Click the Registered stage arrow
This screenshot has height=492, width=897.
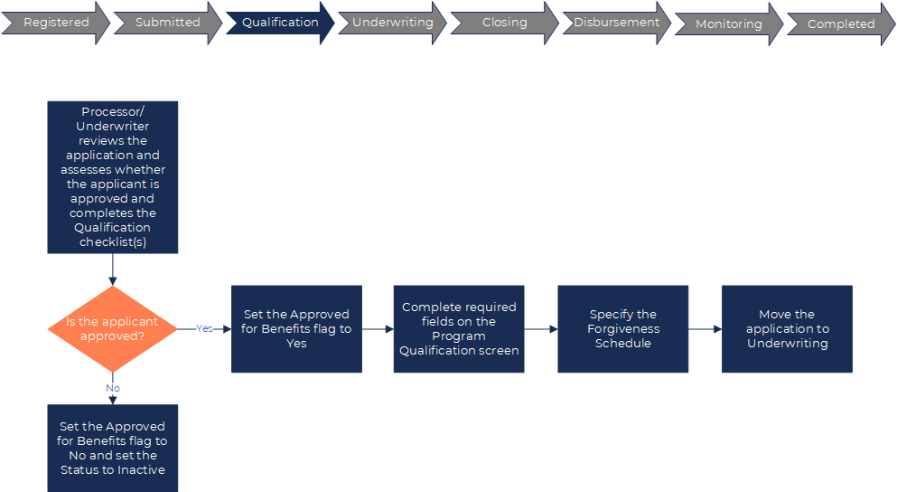click(55, 23)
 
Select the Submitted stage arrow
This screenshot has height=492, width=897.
click(167, 23)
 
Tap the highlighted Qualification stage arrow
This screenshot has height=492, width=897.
click(280, 23)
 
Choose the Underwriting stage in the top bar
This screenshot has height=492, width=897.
click(392, 23)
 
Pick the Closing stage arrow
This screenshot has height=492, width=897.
click(504, 23)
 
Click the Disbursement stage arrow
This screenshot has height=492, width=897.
click(616, 23)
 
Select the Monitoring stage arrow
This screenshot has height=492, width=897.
click(728, 24)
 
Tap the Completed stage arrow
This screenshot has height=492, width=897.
click(840, 24)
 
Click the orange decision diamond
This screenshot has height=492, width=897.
click(112, 328)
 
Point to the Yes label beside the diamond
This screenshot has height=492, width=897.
click(204, 328)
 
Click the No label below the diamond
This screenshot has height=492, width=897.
click(113, 388)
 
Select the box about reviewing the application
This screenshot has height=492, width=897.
click(112, 177)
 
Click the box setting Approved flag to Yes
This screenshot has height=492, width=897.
click(296, 328)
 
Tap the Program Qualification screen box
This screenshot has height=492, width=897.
click(459, 328)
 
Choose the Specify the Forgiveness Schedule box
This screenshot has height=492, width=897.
click(622, 328)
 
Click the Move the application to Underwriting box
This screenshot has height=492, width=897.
click(787, 328)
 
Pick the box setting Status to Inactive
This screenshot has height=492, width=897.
click(112, 448)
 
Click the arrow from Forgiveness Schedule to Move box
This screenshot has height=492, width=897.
click(705, 329)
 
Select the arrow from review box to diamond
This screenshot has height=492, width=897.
click(113, 270)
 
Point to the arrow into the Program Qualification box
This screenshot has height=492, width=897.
click(378, 329)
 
